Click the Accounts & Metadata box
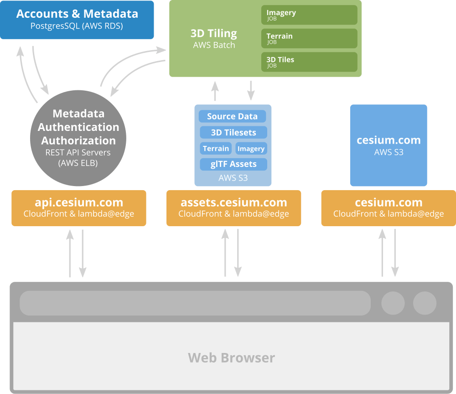pos(77,20)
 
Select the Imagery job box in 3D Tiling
pos(309,15)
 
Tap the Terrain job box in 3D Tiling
pos(309,39)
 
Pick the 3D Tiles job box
pos(309,62)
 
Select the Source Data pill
pos(233,116)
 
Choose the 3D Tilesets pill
pos(233,133)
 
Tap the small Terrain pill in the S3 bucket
pos(216,149)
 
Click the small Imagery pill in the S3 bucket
pos(251,149)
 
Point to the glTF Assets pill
pos(233,164)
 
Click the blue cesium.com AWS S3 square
pos(389,145)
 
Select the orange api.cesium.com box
pos(79,208)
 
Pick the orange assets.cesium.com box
pos(233,208)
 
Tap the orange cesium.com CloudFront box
pos(389,208)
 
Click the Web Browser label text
pos(232,358)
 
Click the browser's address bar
pos(195,303)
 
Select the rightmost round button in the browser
pos(425,303)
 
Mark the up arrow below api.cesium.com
pos(70,253)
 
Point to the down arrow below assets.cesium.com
pos(238,253)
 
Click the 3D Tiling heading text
pos(214,33)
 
